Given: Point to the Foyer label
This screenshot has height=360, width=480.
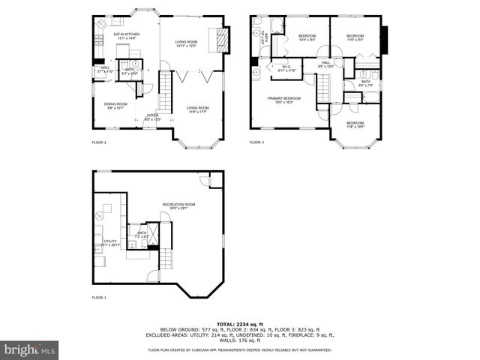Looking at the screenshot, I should click(x=152, y=116).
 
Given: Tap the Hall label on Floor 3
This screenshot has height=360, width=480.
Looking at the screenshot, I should click(x=326, y=64).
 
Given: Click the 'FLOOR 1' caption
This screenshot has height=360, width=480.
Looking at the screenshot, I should click(x=99, y=298).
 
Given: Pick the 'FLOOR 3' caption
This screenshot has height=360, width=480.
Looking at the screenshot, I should click(x=256, y=142).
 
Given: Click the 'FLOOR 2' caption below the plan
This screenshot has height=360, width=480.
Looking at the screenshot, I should click(x=99, y=142).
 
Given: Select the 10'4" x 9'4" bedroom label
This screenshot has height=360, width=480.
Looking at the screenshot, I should click(x=307, y=37).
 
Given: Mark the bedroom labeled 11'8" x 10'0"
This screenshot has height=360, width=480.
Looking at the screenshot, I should click(x=355, y=124).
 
